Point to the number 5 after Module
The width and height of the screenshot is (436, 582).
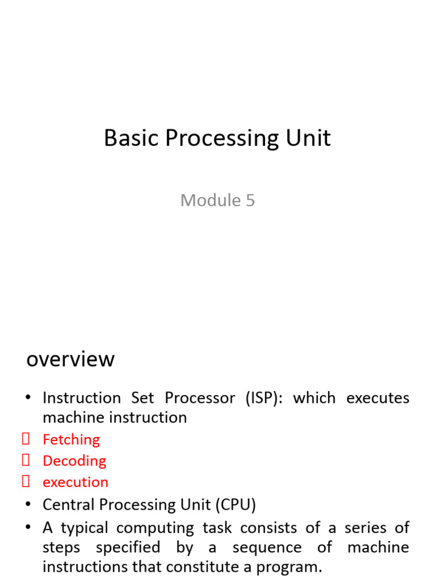click(250, 200)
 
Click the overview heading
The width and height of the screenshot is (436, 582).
click(70, 359)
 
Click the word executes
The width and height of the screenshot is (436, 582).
click(378, 398)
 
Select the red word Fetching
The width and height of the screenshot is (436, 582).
click(71, 439)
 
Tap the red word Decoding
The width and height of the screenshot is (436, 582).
click(74, 460)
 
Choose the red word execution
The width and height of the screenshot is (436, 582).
click(76, 482)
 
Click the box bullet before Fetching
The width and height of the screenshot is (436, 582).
click(26, 439)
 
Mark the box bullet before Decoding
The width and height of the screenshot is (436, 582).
click(26, 460)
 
